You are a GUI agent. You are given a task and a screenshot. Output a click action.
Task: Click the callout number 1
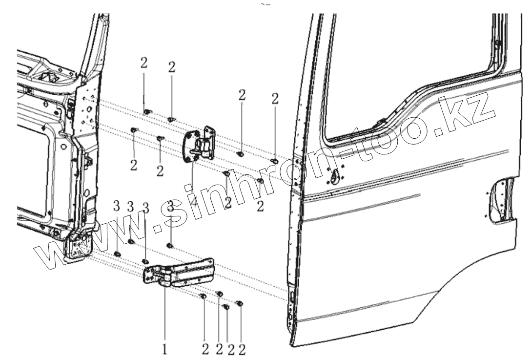pos(164,350)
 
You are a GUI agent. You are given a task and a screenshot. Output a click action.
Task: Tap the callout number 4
pos(194,201)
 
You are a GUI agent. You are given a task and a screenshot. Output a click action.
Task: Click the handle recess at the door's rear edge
pos(501,200)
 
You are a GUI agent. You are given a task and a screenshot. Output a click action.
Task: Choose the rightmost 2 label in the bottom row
pos(242,350)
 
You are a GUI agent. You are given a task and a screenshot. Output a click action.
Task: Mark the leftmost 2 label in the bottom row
pos(205,350)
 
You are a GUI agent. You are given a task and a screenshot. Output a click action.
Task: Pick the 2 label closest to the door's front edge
pos(275,99)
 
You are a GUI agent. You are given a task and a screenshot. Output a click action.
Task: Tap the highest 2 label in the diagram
pos(143,63)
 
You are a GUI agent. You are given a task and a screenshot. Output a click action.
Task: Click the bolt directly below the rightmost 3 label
pos(170,245)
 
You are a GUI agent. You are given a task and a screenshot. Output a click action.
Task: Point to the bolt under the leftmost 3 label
pos(117,253)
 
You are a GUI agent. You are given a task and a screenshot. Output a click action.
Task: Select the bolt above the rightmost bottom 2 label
pos(239,304)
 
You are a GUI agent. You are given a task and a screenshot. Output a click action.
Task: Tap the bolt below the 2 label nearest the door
pos(275,161)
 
